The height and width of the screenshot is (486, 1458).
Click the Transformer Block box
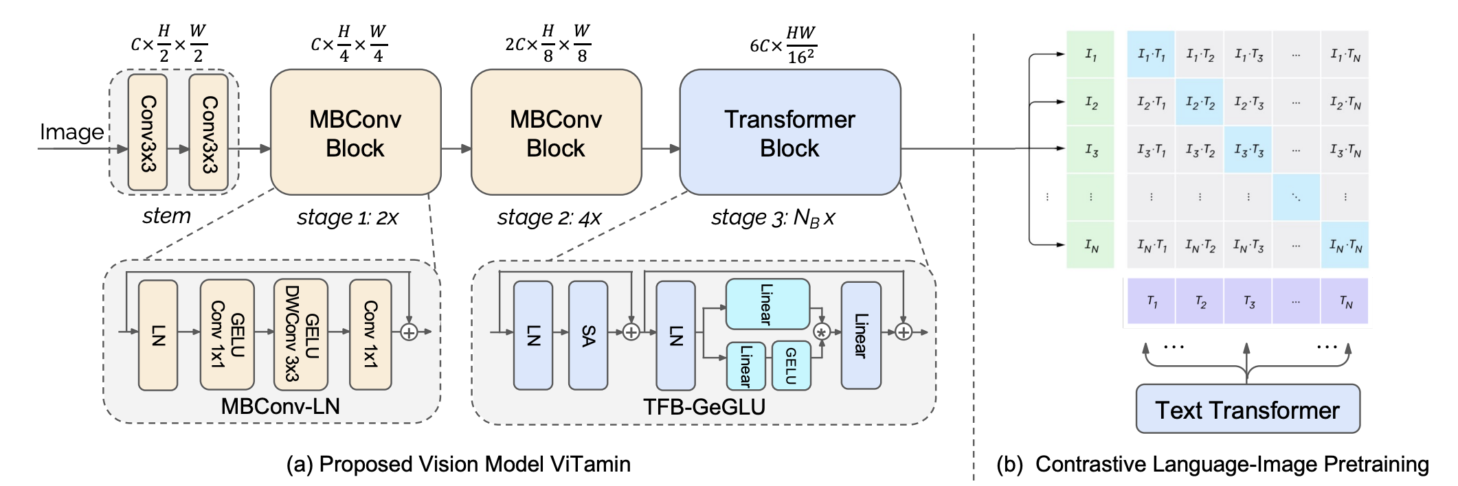789,132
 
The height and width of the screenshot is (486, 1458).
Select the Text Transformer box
1247,409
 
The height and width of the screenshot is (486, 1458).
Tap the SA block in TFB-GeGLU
587,335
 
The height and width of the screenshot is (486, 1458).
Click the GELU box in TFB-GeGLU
791,365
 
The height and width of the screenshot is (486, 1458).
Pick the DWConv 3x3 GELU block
301,334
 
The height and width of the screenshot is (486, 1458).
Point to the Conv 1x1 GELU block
227,334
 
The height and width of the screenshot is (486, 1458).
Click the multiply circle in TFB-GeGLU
821,332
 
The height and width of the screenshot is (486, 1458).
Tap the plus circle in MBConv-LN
409,332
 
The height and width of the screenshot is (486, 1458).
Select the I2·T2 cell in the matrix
1200,102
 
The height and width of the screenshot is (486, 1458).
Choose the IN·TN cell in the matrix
1345,245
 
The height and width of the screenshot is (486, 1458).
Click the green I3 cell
1090,150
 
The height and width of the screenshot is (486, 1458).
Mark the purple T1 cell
1152,301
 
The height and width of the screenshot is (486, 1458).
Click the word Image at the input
71,132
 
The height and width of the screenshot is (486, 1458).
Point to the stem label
166,216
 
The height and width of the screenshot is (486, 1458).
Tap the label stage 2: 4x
549,218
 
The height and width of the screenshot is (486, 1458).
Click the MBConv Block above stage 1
355,132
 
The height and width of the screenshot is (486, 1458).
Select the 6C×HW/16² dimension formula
783,45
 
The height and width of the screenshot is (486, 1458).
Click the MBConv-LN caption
280,406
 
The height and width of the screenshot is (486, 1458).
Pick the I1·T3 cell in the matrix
1248,54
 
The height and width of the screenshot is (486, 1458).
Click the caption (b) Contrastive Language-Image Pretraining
1213,464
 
